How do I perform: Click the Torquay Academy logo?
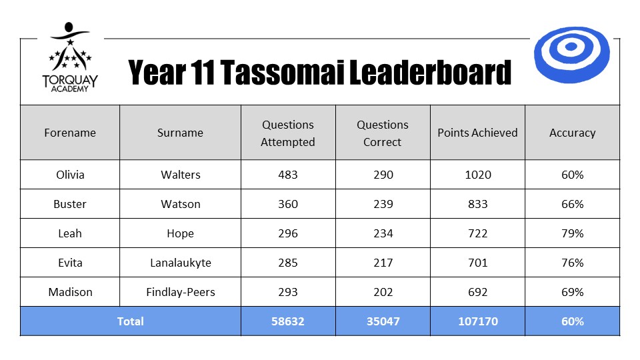[70, 57]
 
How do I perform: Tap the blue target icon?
[572, 55]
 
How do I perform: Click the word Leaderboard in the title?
[430, 72]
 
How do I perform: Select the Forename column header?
[70, 133]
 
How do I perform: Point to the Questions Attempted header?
[288, 133]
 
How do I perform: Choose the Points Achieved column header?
[477, 133]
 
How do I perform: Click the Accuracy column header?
[572, 133]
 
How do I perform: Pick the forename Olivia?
[70, 175]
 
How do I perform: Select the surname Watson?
[181, 204]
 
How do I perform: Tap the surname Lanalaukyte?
[181, 263]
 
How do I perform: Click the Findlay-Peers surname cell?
[181, 292]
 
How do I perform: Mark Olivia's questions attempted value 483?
[288, 175]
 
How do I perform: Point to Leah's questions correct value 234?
[383, 233]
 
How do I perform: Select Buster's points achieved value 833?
[477, 204]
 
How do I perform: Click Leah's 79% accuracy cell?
[572, 233]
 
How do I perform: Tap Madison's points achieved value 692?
[477, 292]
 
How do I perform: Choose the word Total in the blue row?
[130, 321]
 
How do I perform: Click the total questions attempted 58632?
[288, 321]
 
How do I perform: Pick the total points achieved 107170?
[477, 321]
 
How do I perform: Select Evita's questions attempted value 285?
[288, 263]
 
